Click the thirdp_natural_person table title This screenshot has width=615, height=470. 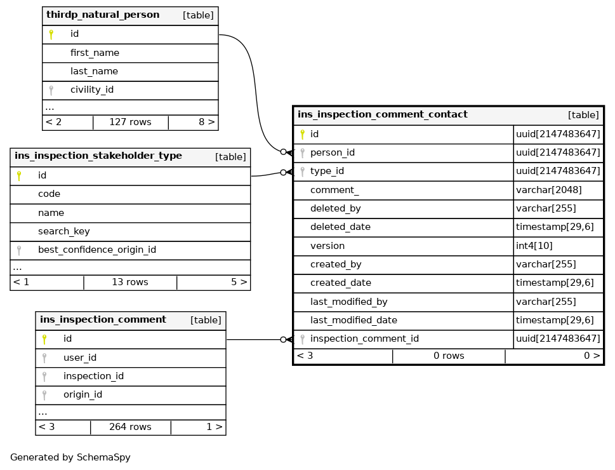tap(103, 15)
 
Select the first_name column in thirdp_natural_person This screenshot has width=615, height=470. tap(95, 53)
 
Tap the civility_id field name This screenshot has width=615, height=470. tap(92, 90)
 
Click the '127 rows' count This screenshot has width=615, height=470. tap(130, 122)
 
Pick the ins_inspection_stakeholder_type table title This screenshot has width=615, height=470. tap(98, 156)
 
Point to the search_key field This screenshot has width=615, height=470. tap(63, 231)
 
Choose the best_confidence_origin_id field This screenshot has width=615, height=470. tap(97, 250)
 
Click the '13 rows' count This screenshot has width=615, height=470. tap(130, 282)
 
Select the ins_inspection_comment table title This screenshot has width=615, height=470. tap(103, 320)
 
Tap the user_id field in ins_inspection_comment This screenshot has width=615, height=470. tap(80, 358)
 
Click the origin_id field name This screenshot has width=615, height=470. tap(83, 394)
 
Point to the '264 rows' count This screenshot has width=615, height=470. tap(130, 427)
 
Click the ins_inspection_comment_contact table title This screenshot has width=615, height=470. tap(383, 115)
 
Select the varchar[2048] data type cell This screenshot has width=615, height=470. tap(548, 190)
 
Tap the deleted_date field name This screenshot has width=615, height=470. tap(340, 227)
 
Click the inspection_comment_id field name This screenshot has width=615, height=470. tap(364, 339)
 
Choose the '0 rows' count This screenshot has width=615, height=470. tap(449, 356)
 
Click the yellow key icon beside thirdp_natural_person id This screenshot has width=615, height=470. tap(51, 34)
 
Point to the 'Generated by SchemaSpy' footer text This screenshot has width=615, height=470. tap(70, 457)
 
